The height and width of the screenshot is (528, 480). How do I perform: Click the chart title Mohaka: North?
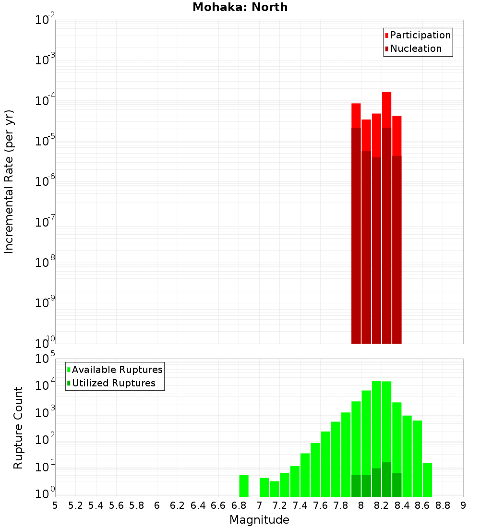(x=240, y=7)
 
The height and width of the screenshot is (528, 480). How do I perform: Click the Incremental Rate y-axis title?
(x=9, y=182)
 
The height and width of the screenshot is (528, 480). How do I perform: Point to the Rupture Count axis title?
(x=18, y=428)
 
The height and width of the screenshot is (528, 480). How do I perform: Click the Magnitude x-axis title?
(x=259, y=519)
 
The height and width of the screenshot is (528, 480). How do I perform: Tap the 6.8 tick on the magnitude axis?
(x=239, y=505)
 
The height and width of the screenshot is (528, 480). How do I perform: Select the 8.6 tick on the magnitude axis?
(x=422, y=505)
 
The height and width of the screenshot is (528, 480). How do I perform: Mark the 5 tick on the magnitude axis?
(x=55, y=505)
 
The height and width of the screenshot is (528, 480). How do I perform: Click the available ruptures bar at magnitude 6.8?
(x=244, y=486)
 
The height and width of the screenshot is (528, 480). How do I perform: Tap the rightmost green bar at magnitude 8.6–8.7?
(x=427, y=480)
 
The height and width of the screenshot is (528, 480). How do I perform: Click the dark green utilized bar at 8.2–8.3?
(x=386, y=480)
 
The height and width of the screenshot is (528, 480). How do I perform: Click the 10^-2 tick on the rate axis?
(x=45, y=20)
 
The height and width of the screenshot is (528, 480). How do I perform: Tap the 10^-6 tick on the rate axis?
(x=45, y=181)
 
